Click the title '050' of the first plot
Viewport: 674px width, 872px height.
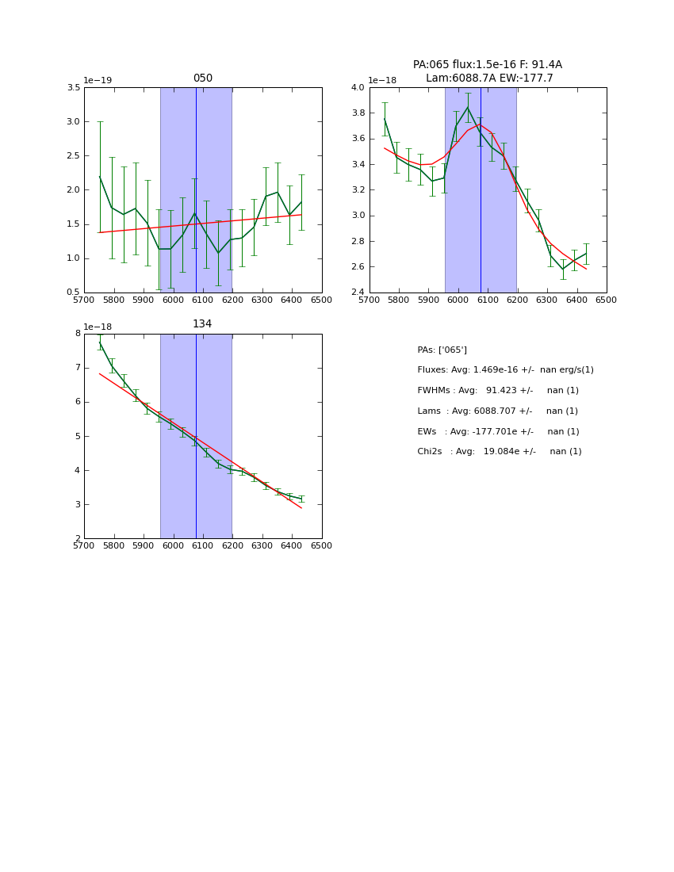point(203,78)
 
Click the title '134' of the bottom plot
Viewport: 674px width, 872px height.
point(202,324)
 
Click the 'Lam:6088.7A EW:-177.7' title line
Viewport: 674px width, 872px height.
point(489,78)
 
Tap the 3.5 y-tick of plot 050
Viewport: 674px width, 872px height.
point(73,88)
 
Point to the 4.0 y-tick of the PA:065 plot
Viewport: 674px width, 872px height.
point(358,88)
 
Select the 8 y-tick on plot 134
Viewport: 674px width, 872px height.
point(78,334)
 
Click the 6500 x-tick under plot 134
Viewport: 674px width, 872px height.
point(322,546)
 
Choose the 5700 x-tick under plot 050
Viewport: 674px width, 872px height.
point(84,300)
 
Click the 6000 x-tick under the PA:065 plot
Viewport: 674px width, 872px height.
point(458,300)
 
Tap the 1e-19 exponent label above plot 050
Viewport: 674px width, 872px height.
point(98,80)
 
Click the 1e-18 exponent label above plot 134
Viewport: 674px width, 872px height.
point(98,327)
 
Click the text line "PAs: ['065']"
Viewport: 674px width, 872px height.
point(442,350)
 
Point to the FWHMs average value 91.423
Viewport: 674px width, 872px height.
point(503,391)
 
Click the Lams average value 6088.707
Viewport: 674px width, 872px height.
point(502,411)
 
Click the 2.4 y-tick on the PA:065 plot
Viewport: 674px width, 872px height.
point(358,293)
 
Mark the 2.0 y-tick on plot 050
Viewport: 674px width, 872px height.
point(73,190)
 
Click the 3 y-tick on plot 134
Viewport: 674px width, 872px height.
point(78,505)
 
